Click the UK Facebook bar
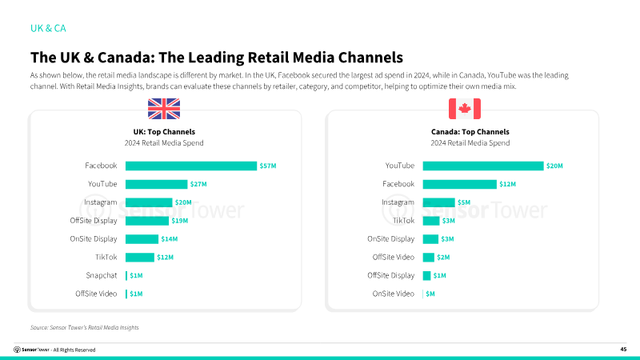point(191,166)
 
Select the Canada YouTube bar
point(482,166)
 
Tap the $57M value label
point(268,166)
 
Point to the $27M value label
point(198,184)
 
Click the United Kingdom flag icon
point(164,109)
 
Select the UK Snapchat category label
point(102,275)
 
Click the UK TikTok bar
point(140,258)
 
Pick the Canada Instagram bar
point(438,202)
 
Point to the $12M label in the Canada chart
point(508,184)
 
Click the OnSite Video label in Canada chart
point(394,294)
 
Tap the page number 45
point(623,350)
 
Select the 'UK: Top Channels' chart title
point(164,132)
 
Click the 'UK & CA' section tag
point(48,28)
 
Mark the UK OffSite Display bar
point(147,221)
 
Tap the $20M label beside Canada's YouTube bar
point(555,166)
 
